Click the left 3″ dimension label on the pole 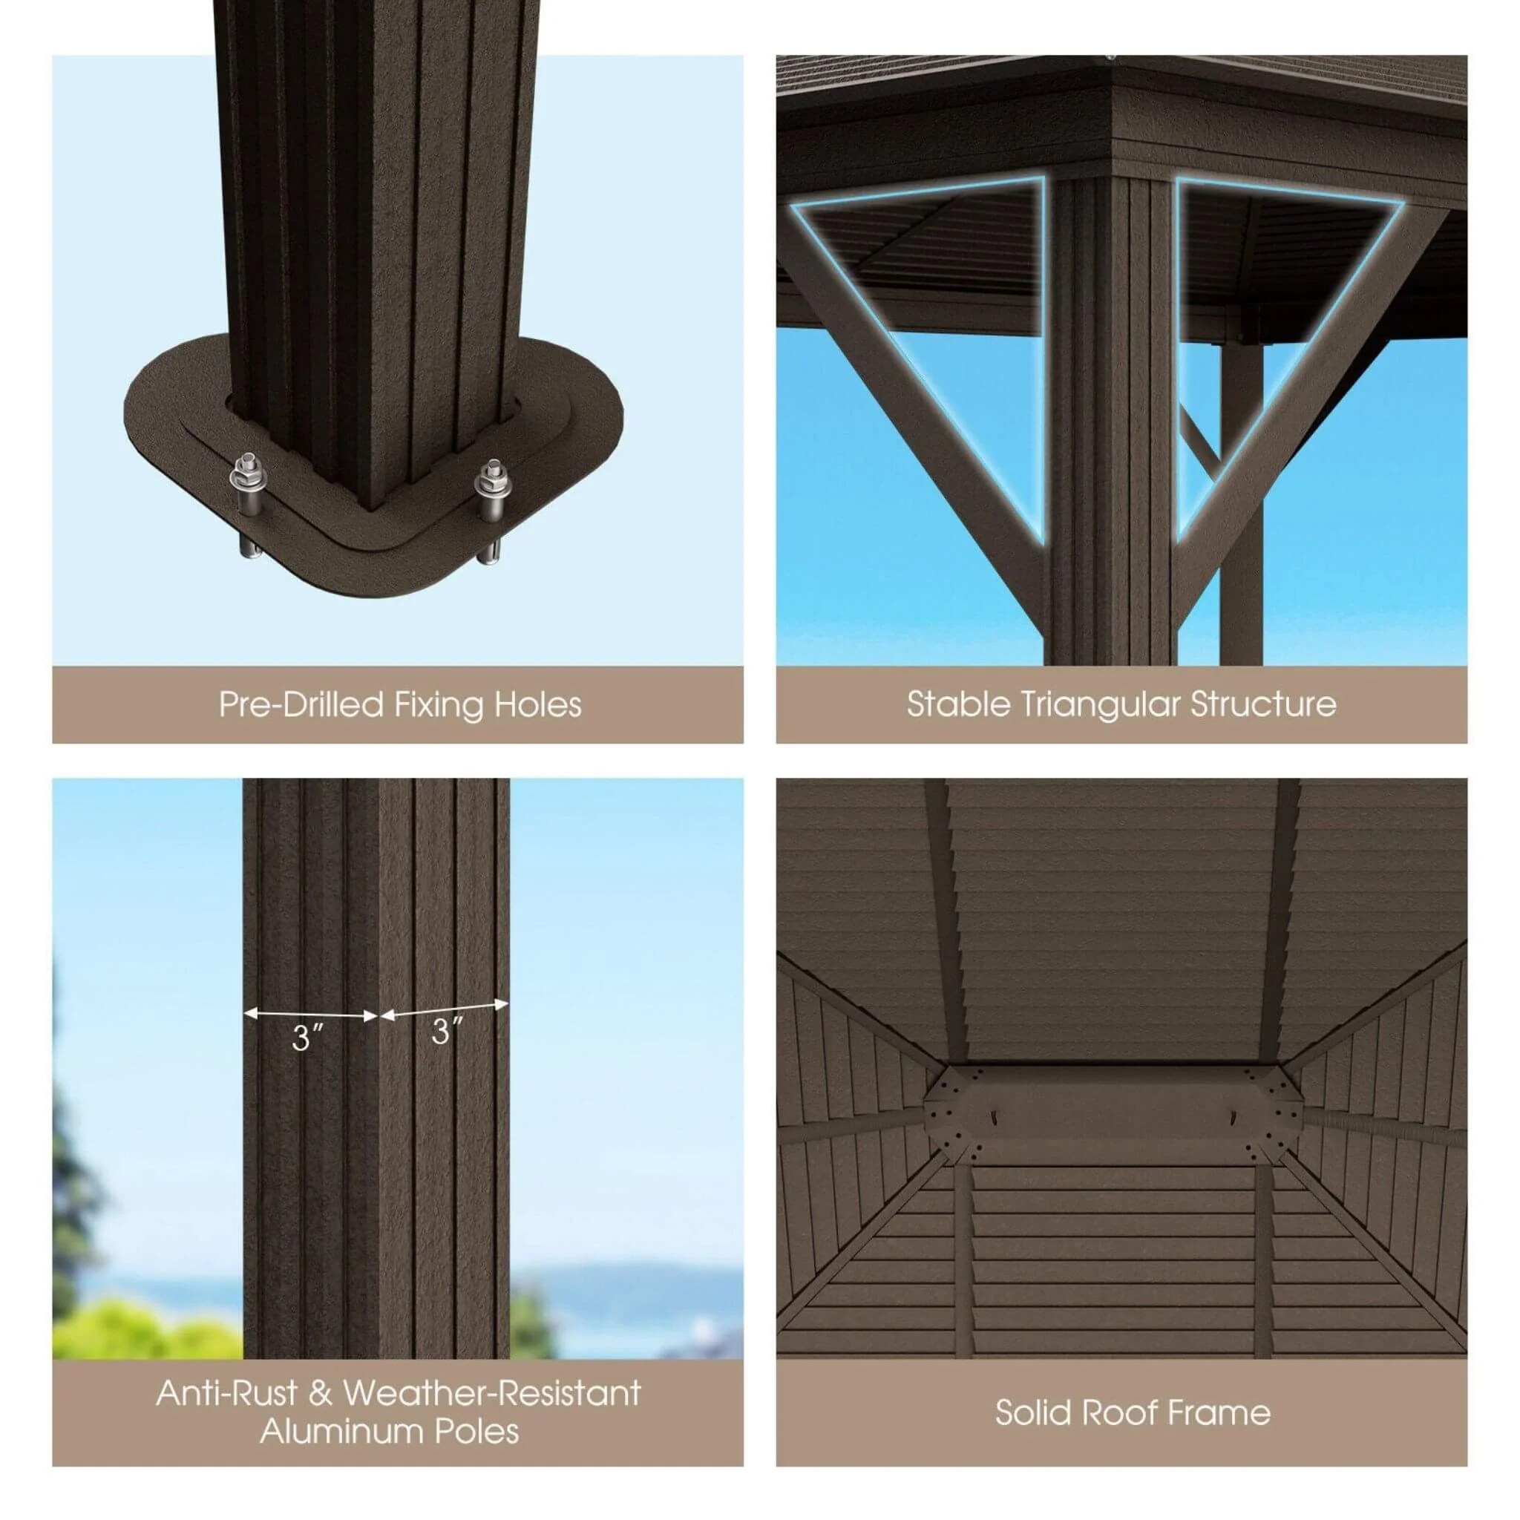coord(306,1038)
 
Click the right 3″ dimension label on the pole coord(447,1031)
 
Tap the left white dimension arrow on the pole coord(311,1015)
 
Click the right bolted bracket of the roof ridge coord(1270,1113)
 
